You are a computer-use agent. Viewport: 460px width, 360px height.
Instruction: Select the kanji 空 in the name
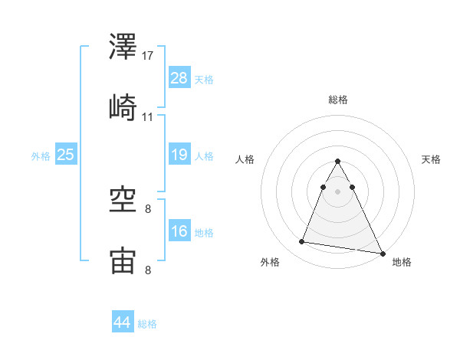coord(123,199)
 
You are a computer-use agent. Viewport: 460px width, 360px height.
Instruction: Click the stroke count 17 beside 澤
coord(149,56)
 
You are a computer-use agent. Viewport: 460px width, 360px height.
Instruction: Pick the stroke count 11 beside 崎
coord(148,116)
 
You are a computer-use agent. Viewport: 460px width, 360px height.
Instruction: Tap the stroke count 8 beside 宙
coord(148,270)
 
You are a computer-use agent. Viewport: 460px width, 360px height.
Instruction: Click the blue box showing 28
coord(179,78)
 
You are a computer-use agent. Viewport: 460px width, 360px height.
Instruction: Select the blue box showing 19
coord(179,155)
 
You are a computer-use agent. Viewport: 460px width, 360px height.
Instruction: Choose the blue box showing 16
coord(179,231)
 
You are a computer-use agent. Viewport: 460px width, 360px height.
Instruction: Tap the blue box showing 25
coord(66,155)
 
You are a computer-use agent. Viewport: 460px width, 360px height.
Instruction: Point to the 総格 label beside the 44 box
coord(147,324)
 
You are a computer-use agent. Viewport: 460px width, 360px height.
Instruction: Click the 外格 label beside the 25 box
coord(41,155)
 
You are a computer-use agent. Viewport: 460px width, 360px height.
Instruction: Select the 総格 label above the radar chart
coord(338,100)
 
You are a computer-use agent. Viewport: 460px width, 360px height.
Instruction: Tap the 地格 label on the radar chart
coord(402,263)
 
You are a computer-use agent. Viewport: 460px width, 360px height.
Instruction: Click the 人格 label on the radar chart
coord(245,159)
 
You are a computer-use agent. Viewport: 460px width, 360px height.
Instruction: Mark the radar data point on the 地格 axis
coord(383,253)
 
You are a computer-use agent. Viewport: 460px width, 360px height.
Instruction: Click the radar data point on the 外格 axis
coord(302,242)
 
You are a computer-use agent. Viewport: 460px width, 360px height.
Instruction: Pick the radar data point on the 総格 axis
coord(338,162)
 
